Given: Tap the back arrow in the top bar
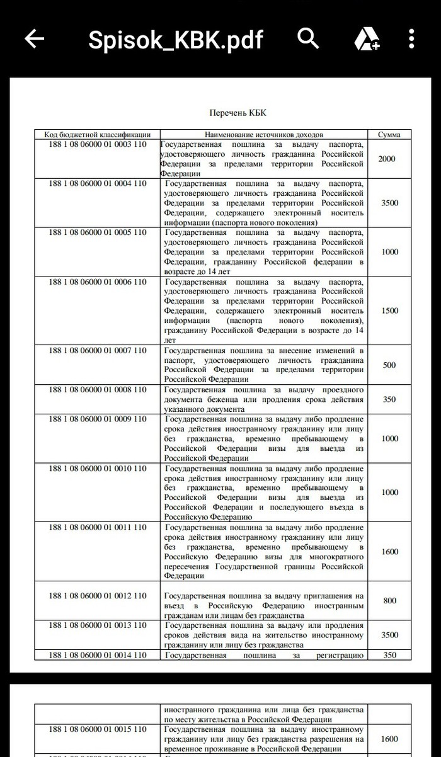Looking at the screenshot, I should (x=34, y=39).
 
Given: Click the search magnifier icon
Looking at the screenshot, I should (x=308, y=38).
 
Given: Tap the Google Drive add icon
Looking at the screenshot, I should (x=365, y=40).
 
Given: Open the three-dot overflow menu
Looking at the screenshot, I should (x=411, y=39).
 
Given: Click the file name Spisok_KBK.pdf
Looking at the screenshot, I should (x=175, y=40).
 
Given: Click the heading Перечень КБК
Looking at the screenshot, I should (x=238, y=113).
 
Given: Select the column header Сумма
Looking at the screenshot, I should (x=389, y=135).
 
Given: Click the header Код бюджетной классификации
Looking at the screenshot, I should (x=97, y=135).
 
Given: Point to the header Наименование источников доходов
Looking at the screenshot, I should (x=264, y=135).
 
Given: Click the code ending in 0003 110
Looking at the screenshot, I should (x=97, y=144).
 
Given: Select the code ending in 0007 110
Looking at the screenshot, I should (x=97, y=350).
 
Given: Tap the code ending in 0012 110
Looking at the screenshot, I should (x=97, y=596).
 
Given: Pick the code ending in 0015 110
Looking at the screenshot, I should (x=97, y=729).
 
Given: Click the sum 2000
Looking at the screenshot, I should (x=387, y=159).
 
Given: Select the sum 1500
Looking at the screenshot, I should (x=390, y=310).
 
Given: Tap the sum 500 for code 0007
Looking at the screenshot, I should (x=389, y=365).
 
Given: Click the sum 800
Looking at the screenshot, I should (x=389, y=601).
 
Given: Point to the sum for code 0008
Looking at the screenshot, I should (x=389, y=399).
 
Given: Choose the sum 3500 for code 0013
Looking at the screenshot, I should (x=390, y=635).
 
